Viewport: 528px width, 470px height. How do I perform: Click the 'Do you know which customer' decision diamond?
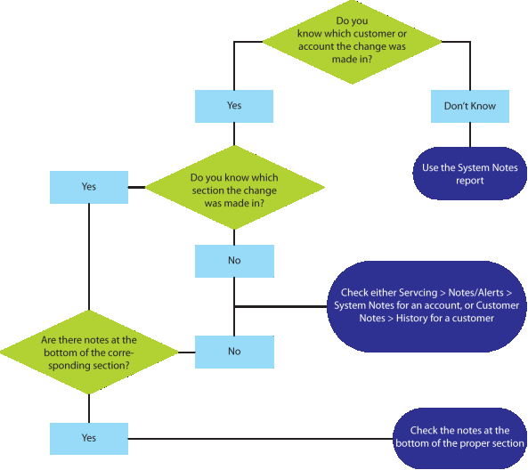point(352,42)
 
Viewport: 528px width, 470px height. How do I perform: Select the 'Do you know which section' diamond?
point(234,188)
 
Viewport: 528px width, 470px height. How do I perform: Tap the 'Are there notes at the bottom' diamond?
point(89,352)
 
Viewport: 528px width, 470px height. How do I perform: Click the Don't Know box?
point(470,106)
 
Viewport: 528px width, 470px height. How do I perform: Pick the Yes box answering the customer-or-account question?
point(234,106)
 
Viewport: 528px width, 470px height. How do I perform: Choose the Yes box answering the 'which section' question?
point(89,187)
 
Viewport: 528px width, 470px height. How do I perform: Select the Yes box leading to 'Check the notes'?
point(89,439)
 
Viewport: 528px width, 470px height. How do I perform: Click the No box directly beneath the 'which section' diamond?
point(234,261)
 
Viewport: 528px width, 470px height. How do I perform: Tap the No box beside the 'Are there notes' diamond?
point(234,352)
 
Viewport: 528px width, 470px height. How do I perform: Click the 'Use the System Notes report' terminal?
point(470,174)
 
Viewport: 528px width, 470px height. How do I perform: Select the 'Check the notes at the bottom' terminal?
point(460,438)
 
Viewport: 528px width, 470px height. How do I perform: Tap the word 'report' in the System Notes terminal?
point(470,181)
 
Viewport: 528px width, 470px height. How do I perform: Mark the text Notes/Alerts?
point(475,293)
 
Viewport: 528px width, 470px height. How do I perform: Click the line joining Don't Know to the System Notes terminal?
point(470,134)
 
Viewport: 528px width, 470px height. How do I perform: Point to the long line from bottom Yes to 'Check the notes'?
point(260,439)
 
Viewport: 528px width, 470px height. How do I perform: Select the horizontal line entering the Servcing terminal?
point(280,306)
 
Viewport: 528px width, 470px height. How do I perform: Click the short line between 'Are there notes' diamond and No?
point(187,352)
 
